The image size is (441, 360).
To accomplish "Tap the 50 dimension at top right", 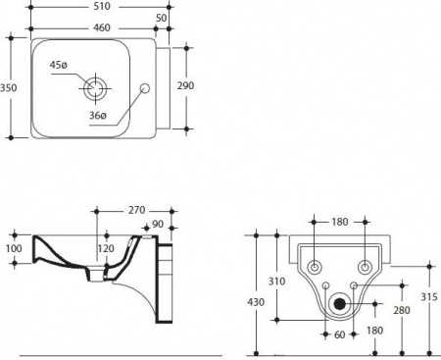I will pos(160,19).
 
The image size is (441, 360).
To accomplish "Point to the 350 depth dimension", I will pos(9,86).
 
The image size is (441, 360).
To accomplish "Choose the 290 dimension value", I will pos(185,85).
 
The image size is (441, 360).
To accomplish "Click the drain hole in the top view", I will pos(95,88).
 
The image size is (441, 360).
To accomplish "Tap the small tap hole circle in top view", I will pos(146,88).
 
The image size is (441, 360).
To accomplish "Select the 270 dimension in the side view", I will pos(136,209).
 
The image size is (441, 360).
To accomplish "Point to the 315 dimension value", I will pos(429,297).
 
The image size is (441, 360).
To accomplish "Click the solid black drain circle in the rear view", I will pos(340,303).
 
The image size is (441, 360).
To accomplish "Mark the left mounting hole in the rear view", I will pos(315,268).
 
